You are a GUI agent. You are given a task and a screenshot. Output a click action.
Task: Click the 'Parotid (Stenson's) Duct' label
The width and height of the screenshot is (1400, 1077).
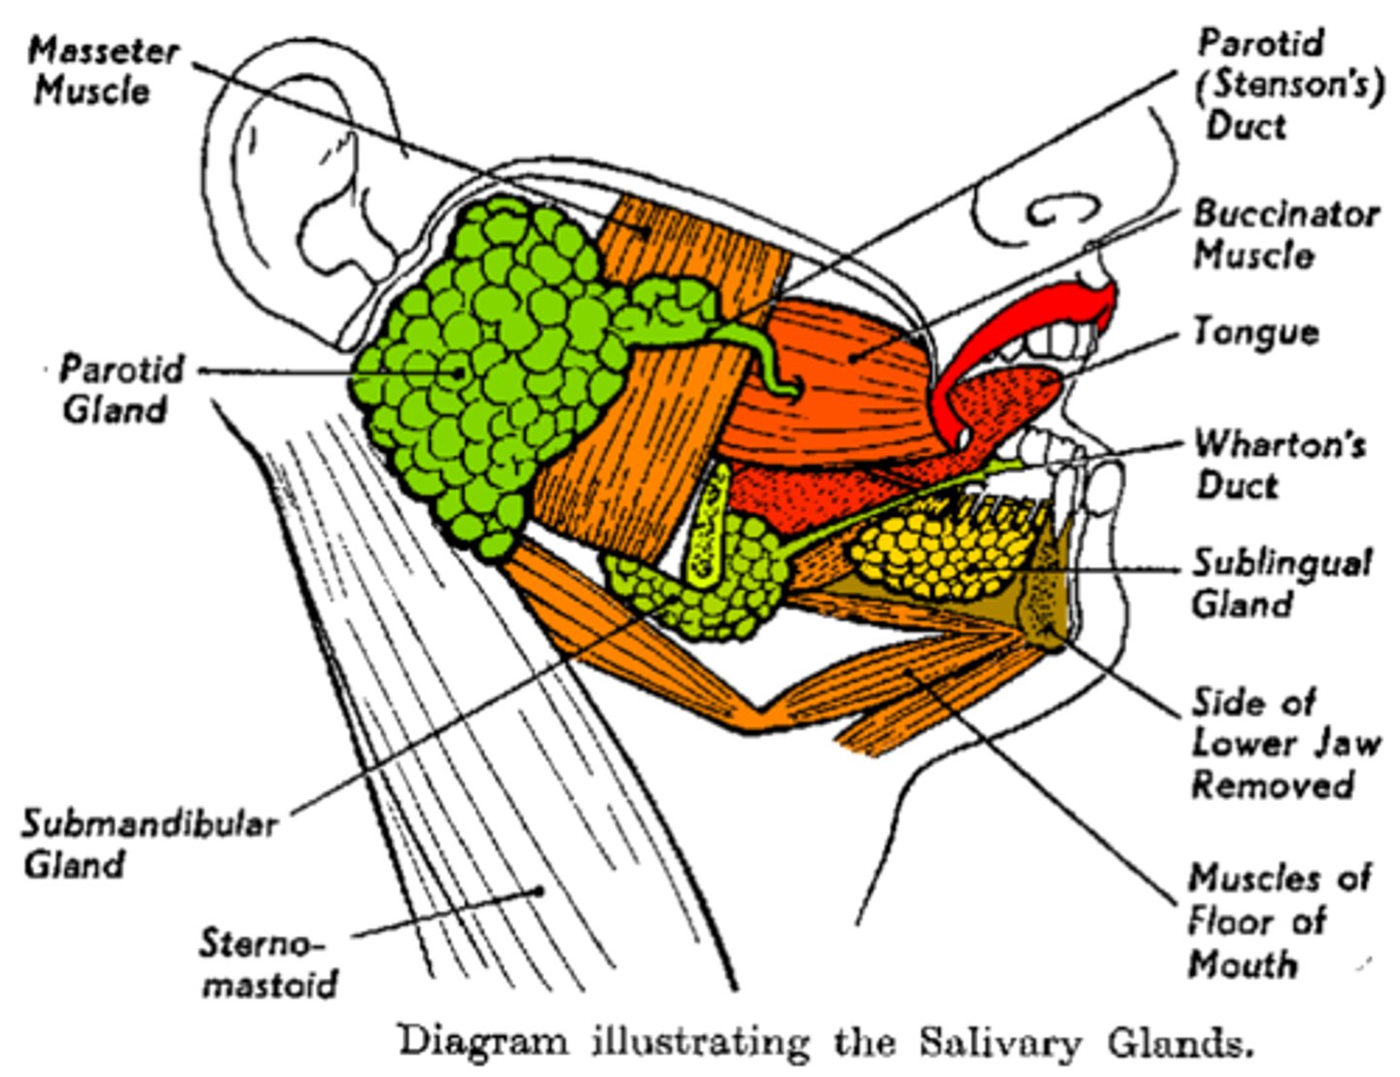pos(1288,85)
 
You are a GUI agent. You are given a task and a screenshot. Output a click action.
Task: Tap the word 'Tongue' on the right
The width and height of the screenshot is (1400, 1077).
pos(1255,332)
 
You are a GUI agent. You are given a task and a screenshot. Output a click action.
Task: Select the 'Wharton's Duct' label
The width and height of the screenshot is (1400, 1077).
pos(1278,464)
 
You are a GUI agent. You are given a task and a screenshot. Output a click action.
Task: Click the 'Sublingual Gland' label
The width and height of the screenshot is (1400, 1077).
pos(1280,582)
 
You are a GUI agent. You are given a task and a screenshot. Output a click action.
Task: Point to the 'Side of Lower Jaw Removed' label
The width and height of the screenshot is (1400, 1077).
pos(1283,744)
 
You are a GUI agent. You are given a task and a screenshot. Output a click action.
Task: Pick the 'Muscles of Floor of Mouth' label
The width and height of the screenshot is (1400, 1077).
pos(1277,921)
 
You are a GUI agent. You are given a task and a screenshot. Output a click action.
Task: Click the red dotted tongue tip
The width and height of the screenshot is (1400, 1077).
pos(1021,394)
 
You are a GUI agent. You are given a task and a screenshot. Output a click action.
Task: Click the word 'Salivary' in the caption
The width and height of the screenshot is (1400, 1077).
pos(998,1043)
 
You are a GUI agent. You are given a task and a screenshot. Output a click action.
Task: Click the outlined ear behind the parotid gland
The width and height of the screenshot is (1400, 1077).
pos(321,194)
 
